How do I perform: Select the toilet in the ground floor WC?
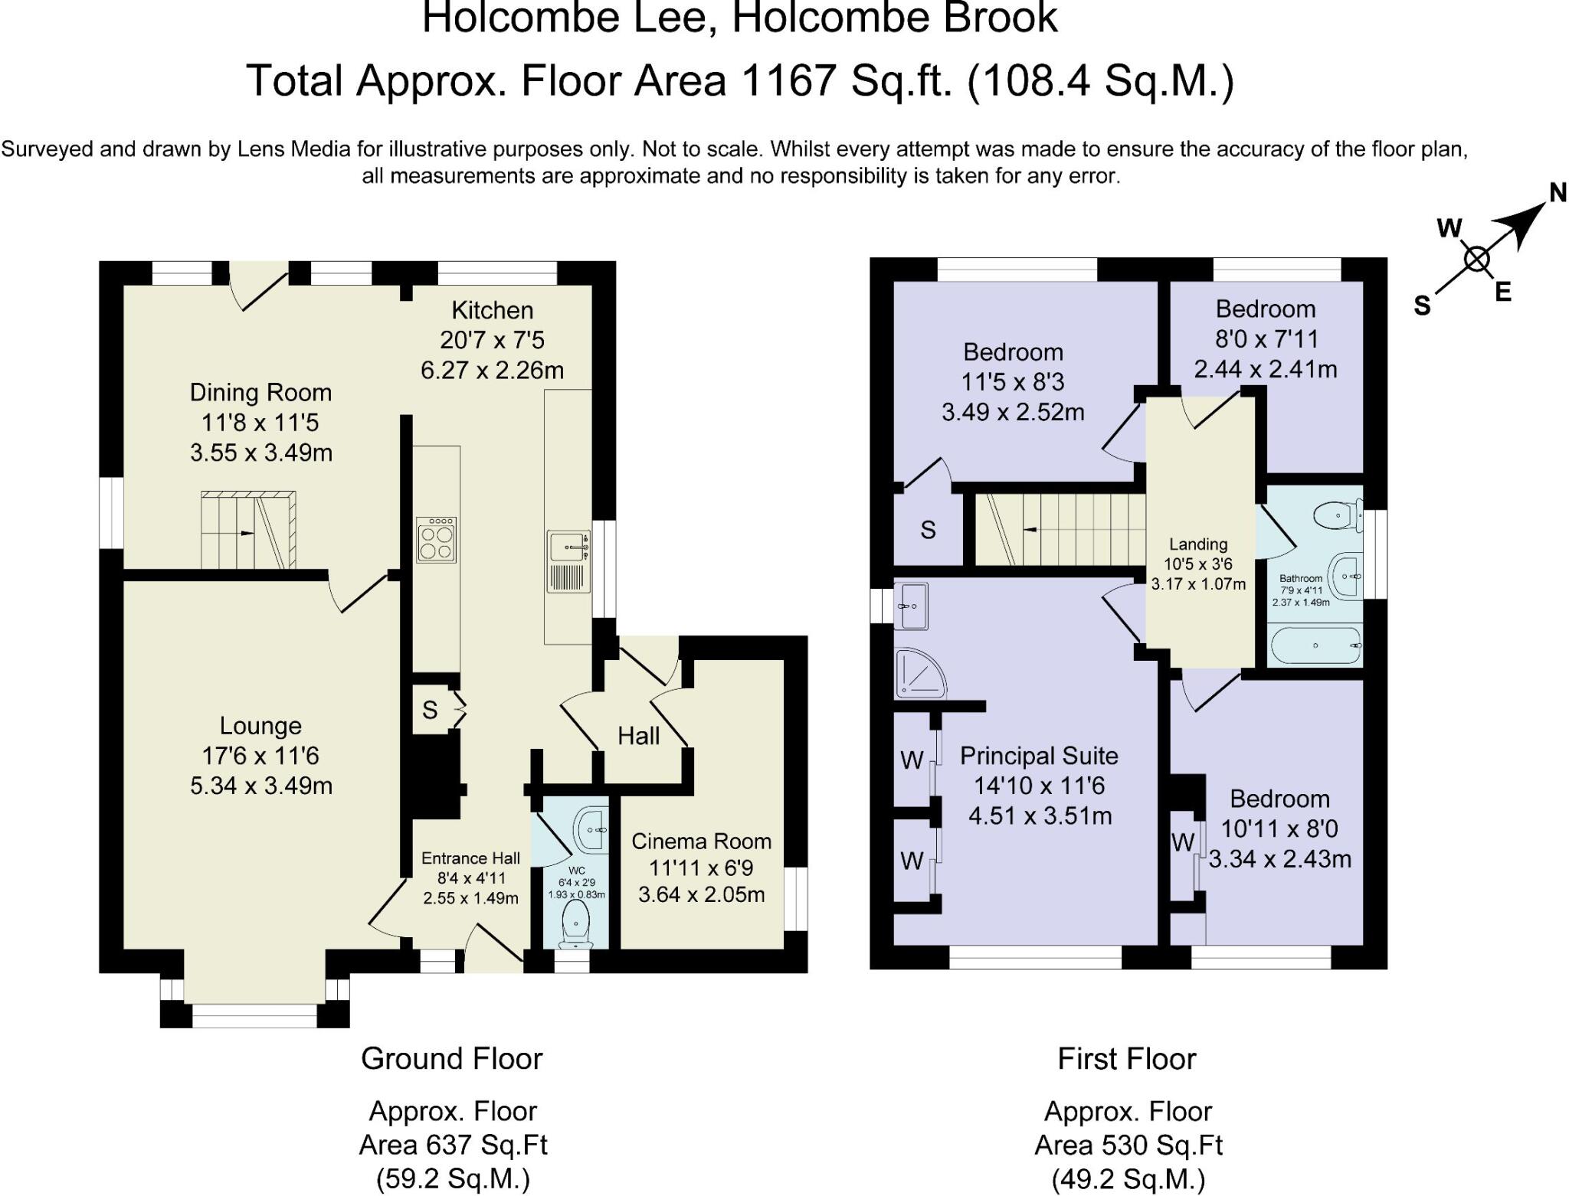point(576,923)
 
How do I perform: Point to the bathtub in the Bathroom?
point(1315,645)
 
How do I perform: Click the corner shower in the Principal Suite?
point(917,673)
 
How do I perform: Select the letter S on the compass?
point(1422,306)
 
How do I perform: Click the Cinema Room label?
point(701,841)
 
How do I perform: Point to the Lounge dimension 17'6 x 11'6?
point(260,756)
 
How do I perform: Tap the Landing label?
point(1198,544)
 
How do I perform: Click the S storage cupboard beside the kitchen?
point(431,710)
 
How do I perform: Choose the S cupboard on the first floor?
point(928,530)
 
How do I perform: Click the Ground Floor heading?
point(451,1059)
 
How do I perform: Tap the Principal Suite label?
point(1039,756)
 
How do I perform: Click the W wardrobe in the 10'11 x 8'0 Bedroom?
point(1183,843)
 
